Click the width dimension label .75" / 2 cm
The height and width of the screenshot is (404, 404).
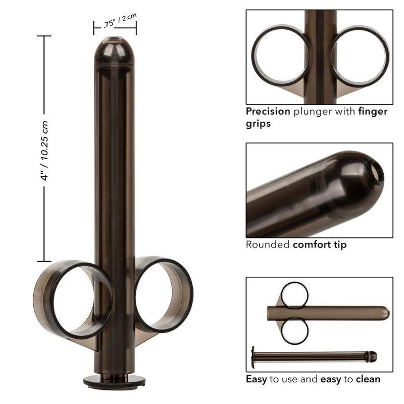(116, 22)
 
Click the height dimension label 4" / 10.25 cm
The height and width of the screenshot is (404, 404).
(45, 150)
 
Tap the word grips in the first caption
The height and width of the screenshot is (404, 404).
(258, 124)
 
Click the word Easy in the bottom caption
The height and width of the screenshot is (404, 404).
(257, 379)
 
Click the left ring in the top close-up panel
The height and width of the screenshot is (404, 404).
(280, 54)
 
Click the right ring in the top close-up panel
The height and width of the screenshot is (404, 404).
(360, 54)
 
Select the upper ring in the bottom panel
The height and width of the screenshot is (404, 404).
(294, 295)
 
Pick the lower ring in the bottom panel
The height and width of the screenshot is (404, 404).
(294, 331)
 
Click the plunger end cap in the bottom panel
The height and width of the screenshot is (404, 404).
(252, 357)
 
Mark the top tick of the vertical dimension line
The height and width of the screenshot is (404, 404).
(44, 36)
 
